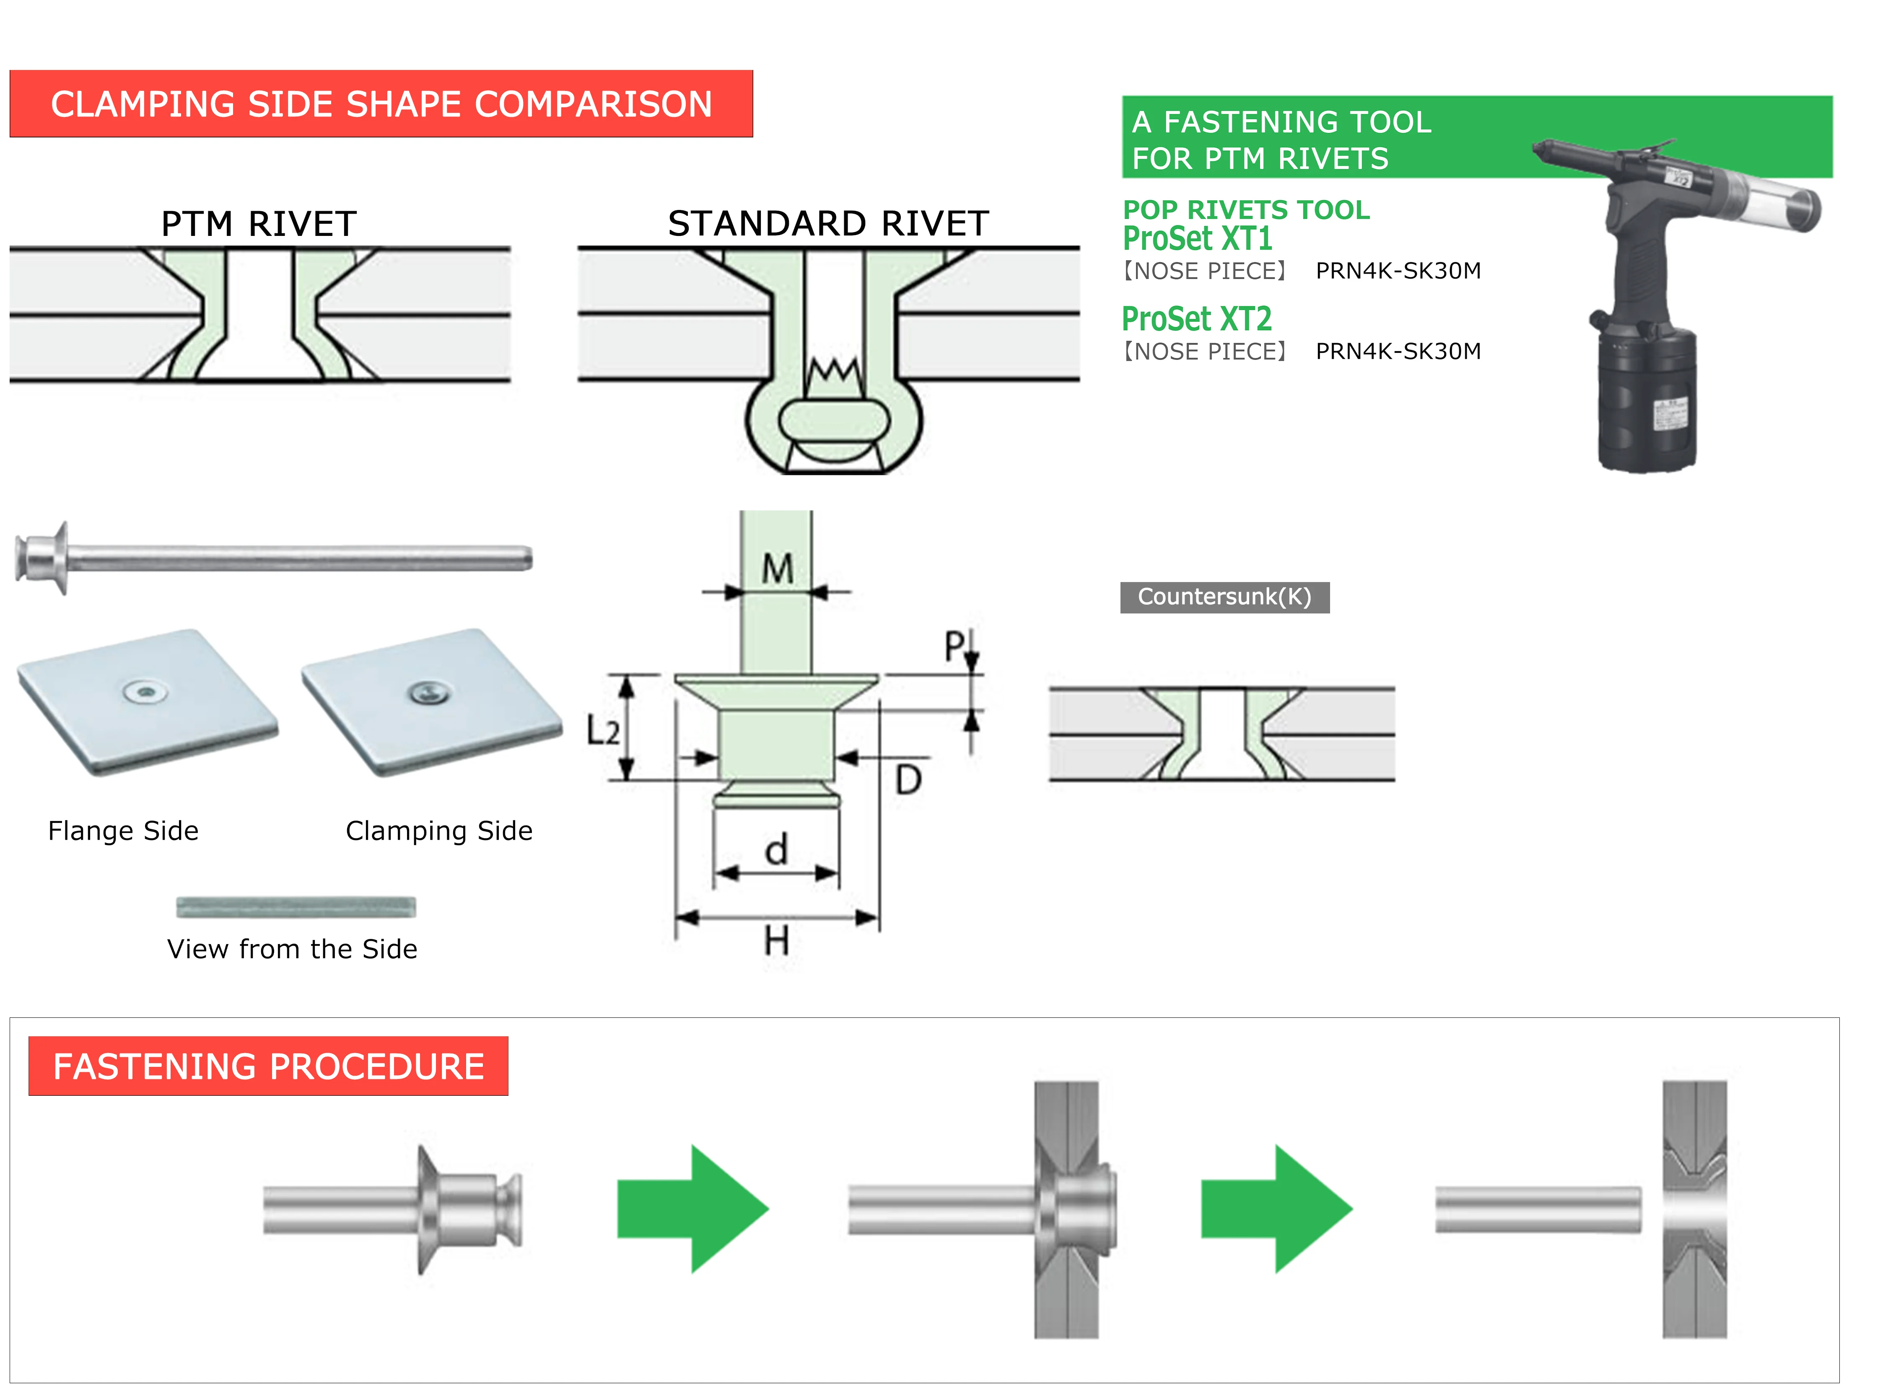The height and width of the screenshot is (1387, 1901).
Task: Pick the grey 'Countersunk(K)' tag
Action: click(x=1224, y=597)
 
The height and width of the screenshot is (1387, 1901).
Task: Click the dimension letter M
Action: click(x=778, y=569)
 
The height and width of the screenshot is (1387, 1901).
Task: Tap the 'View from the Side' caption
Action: click(x=292, y=949)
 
